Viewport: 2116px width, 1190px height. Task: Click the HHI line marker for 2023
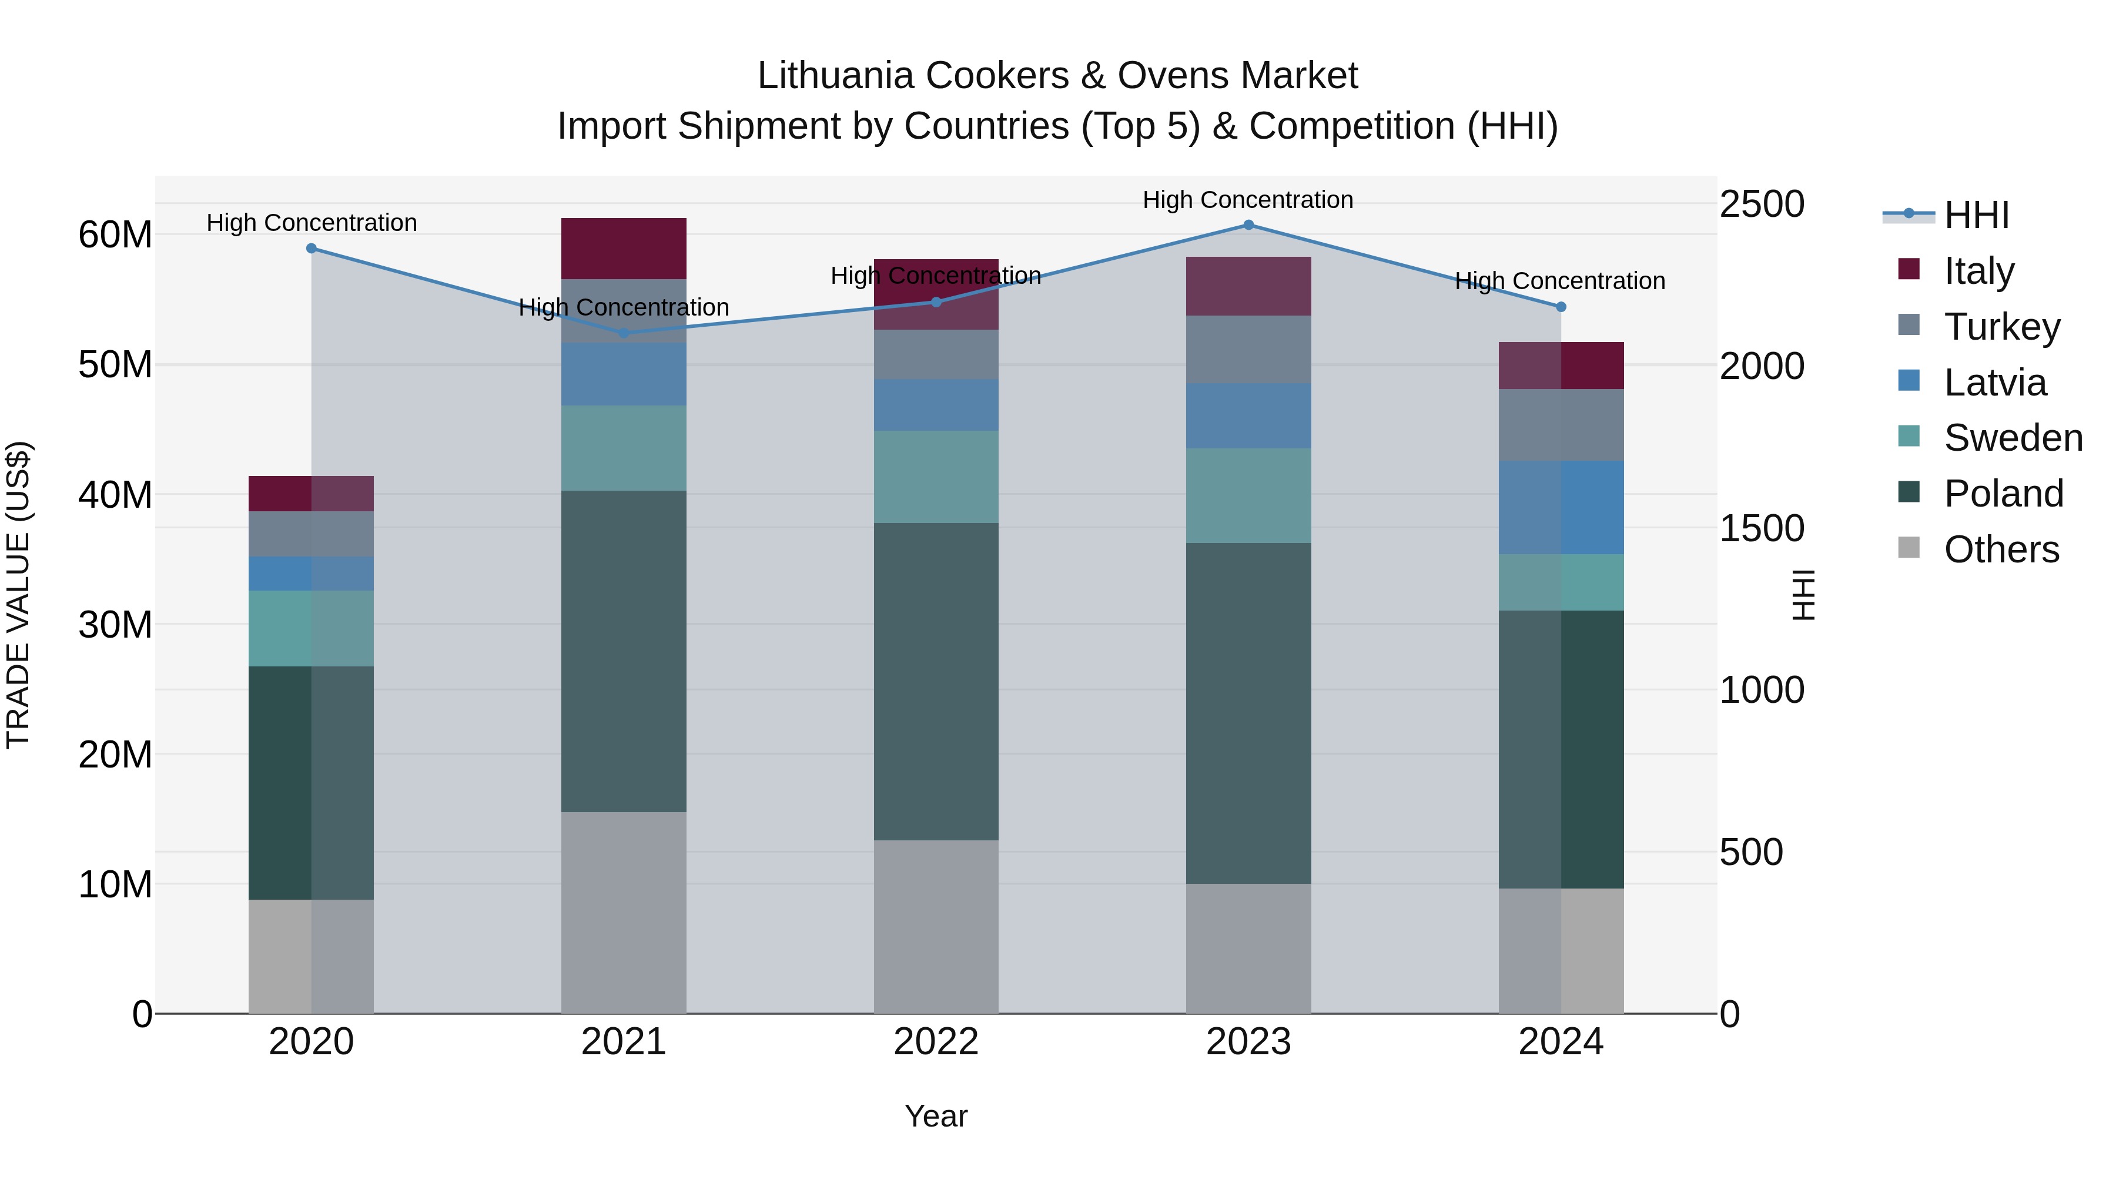click(1248, 225)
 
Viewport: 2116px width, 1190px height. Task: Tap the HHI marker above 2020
click(312, 248)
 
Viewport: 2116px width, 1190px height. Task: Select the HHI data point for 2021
click(624, 333)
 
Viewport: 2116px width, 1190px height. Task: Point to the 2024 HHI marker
click(1561, 307)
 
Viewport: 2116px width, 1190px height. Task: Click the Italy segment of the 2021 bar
click(624, 248)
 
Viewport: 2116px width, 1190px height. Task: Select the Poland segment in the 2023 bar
click(1248, 713)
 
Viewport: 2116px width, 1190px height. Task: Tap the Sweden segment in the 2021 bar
click(624, 448)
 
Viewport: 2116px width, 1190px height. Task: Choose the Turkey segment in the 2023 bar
click(1248, 349)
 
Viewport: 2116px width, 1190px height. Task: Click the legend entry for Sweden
click(2013, 438)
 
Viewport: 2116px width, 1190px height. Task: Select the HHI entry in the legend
click(1976, 215)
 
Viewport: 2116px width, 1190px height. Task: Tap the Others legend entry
click(2001, 549)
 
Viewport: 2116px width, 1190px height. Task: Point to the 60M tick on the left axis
click(115, 235)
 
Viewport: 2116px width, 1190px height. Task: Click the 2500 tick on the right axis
click(1762, 204)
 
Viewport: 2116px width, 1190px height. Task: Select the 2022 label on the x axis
click(936, 1042)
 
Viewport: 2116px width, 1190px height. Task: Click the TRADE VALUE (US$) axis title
click(18, 595)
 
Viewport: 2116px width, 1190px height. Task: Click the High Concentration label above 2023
click(1248, 200)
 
